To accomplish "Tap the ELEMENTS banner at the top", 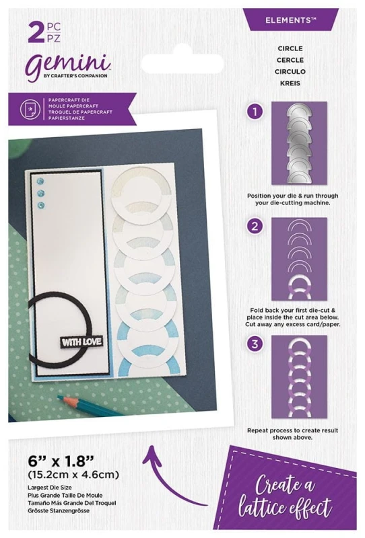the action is click(290, 20).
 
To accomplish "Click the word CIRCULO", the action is click(290, 71).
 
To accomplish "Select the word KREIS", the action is click(290, 83).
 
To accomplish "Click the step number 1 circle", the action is click(255, 112).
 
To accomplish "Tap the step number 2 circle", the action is click(255, 226).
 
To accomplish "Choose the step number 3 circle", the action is click(255, 344).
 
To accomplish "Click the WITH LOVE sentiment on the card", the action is click(81, 342).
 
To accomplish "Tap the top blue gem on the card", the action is click(41, 181).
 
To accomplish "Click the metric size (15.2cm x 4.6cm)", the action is click(74, 475).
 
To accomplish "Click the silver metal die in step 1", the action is click(299, 142).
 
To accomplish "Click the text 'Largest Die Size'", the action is click(51, 487).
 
